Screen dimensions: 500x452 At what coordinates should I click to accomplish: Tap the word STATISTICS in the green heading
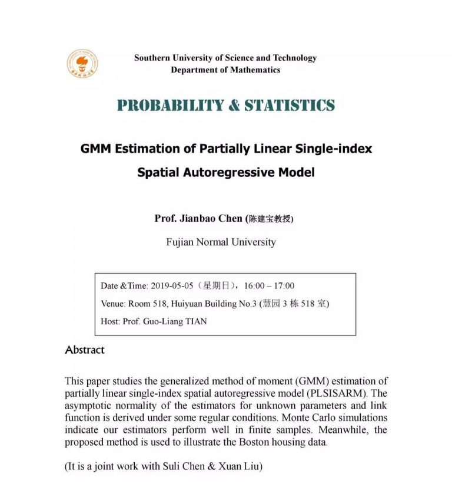(x=290, y=106)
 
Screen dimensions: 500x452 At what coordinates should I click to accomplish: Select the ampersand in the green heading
(x=234, y=106)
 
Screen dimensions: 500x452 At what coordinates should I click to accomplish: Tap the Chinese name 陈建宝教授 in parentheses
(x=270, y=219)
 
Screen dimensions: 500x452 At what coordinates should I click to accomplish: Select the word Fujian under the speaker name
(x=180, y=242)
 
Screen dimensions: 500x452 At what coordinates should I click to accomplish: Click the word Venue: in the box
(x=113, y=304)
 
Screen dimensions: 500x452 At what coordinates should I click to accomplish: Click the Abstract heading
(x=85, y=350)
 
